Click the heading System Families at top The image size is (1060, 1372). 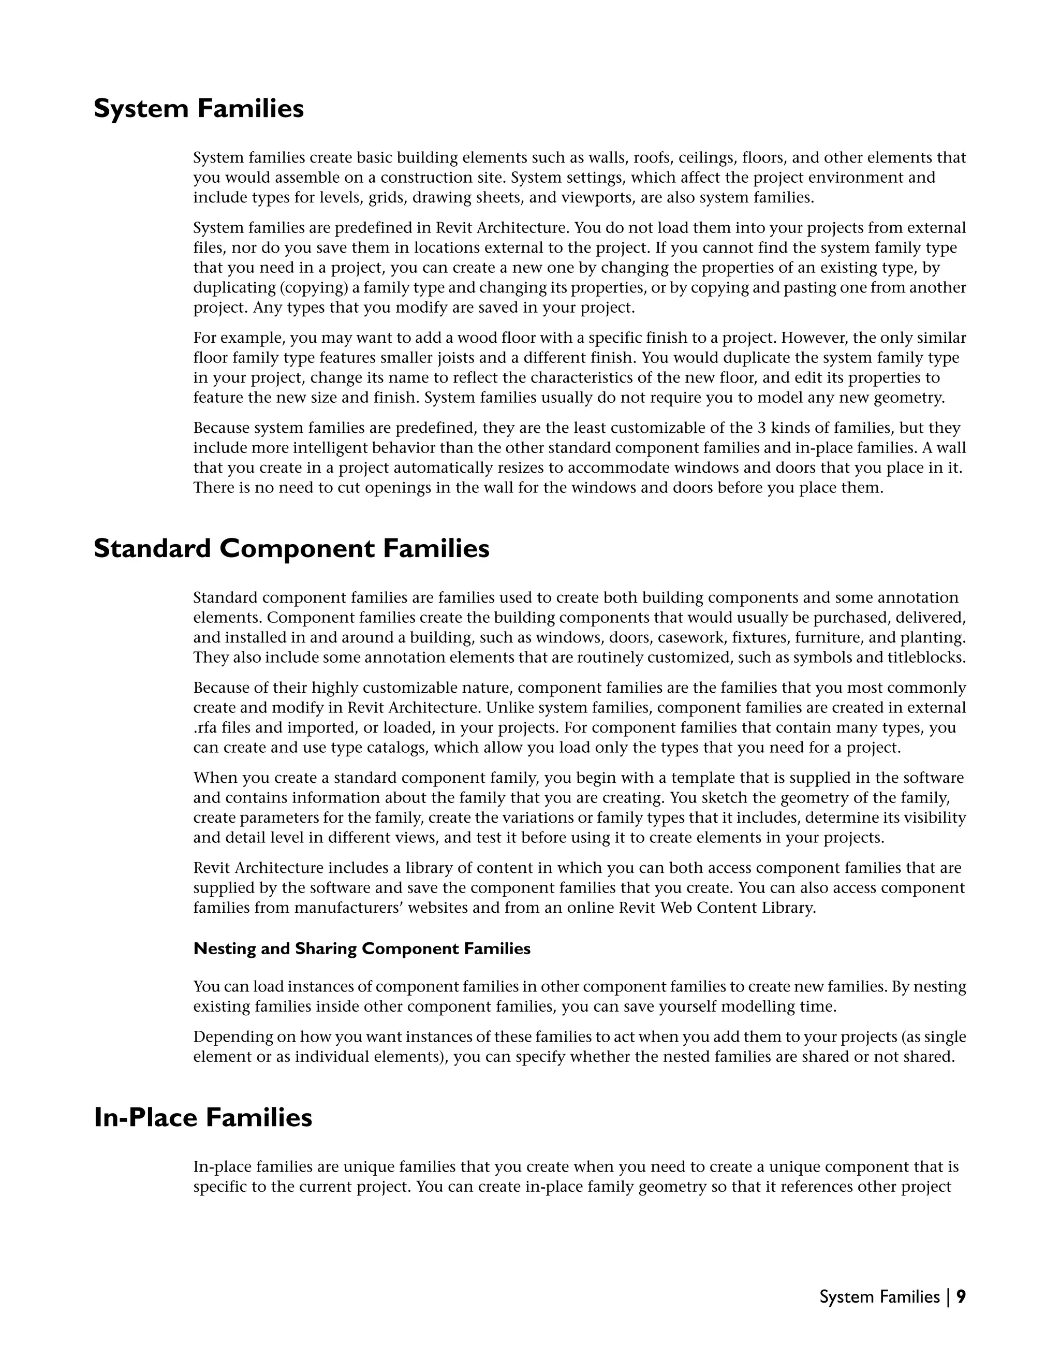tap(198, 109)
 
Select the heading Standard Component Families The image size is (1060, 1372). tap(291, 548)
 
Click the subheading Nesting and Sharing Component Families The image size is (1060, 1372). tap(362, 948)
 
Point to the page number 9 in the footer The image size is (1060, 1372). tap(961, 1296)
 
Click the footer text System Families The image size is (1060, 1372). tap(879, 1296)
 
